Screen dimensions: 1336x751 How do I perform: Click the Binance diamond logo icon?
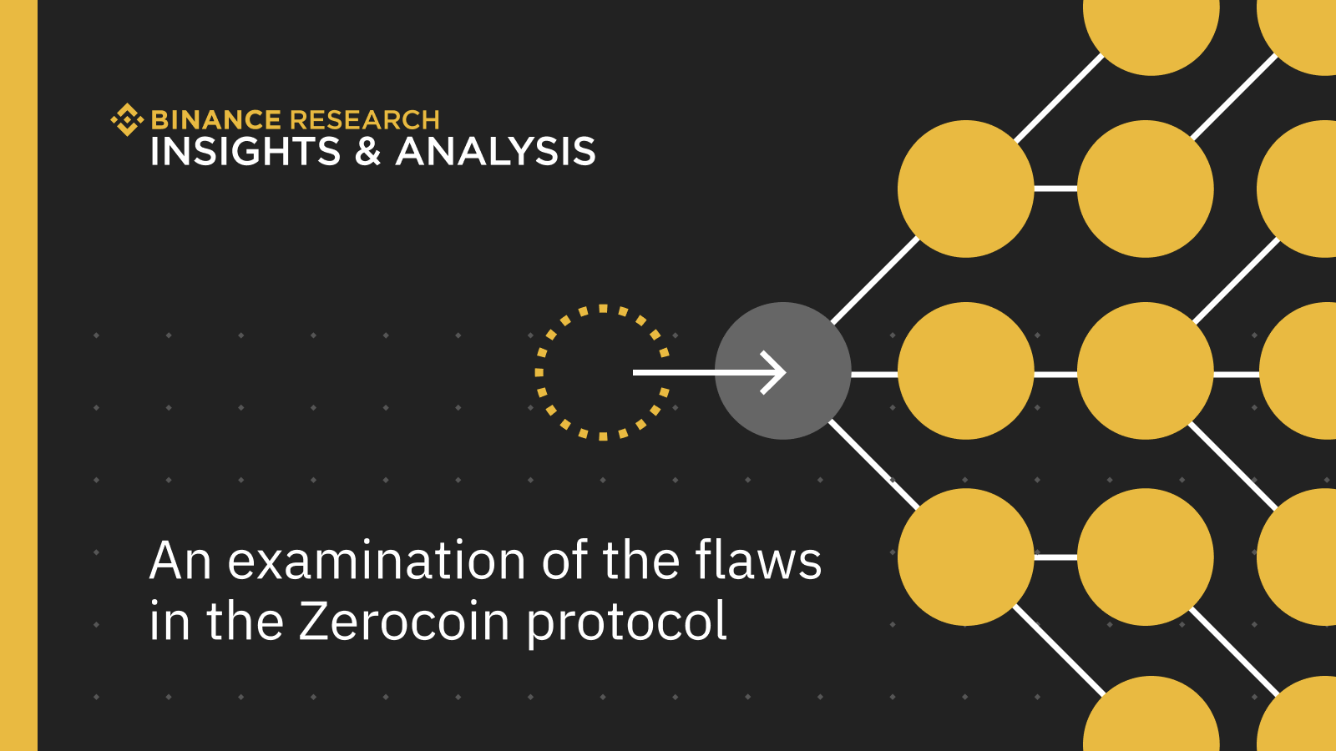[x=127, y=119]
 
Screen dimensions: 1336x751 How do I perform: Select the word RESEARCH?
[x=364, y=120]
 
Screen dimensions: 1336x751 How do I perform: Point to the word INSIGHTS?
[x=245, y=151]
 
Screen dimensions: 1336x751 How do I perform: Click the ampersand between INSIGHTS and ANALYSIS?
[x=367, y=151]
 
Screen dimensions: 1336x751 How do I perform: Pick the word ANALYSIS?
[x=496, y=151]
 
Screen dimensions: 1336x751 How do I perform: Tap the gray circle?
[x=782, y=370]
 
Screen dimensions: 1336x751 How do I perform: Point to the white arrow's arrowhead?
[x=774, y=372]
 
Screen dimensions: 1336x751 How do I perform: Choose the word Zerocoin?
[x=404, y=621]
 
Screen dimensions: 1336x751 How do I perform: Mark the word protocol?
[x=627, y=623]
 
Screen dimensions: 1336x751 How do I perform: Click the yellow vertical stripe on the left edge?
[x=18, y=375]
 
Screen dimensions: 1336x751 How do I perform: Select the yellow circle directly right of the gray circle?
[x=965, y=370]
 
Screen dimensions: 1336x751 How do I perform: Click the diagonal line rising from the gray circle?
[x=876, y=280]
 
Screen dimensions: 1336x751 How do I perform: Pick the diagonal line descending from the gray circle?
[x=874, y=464]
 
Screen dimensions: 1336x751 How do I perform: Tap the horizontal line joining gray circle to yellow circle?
[x=874, y=375]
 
